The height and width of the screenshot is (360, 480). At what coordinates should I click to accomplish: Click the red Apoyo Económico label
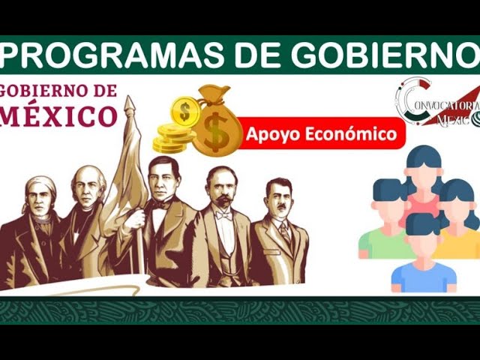coord(321,133)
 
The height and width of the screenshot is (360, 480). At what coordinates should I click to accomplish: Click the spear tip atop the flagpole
coord(130,104)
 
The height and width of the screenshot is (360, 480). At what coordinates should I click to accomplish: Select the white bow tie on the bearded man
coord(223,216)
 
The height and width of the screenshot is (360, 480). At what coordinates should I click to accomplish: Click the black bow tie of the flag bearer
coord(162,204)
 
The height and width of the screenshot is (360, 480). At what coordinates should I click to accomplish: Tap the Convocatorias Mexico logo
coord(438,102)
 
